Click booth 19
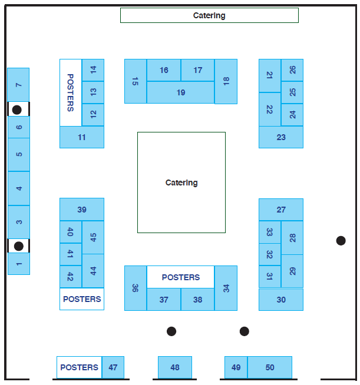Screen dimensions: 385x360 [x=180, y=92]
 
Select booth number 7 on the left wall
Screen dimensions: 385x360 [x=18, y=85]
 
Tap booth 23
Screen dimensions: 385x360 [x=281, y=137]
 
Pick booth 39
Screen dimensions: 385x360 [x=82, y=210]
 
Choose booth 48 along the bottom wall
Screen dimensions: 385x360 [x=175, y=367]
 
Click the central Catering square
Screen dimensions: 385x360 [x=181, y=182]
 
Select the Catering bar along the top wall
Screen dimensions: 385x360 [x=209, y=15]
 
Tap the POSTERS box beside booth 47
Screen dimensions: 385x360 [x=80, y=367]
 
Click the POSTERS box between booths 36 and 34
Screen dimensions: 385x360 [x=180, y=277]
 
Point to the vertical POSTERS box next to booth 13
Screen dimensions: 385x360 [x=71, y=92]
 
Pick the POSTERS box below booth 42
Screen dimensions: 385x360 [x=82, y=299]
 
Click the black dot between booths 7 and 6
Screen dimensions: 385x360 [x=18, y=109]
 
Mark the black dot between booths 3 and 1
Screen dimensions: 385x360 [x=18, y=246]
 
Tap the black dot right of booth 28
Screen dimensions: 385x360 [x=341, y=240]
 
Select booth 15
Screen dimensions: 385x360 [x=136, y=81]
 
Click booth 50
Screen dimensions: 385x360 [x=270, y=367]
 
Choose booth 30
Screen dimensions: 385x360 [x=281, y=300]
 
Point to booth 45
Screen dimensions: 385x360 [x=93, y=238]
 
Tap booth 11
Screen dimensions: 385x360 [x=82, y=137]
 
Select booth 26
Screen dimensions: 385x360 [x=292, y=70]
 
